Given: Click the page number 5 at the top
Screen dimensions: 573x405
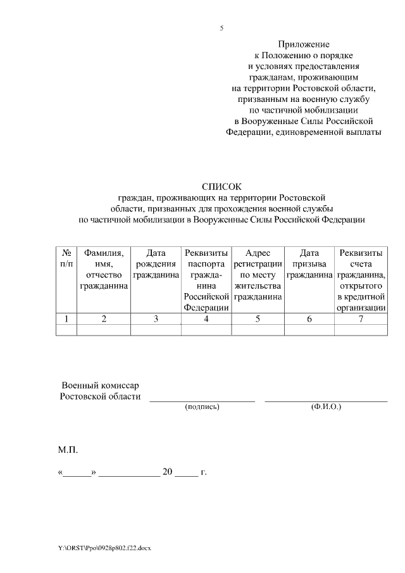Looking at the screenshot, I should pos(221,28).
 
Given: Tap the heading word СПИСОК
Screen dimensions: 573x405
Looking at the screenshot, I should pos(221,187).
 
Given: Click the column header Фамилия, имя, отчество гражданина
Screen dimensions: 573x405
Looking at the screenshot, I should pos(104,270).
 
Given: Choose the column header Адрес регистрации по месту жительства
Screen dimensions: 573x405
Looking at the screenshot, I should pos(258,275).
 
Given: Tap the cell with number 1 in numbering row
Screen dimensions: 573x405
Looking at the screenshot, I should pos(66,319).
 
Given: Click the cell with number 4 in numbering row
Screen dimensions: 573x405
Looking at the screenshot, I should pos(206,319).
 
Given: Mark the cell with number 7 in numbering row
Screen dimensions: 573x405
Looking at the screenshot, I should pos(361,319).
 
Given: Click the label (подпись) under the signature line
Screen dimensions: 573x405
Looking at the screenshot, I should pos(202,406).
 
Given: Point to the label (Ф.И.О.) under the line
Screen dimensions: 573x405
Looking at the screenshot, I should pos(326,406).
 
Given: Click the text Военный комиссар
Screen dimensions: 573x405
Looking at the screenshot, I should pos(100,386).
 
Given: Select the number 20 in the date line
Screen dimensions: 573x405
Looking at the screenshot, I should pos(168,472).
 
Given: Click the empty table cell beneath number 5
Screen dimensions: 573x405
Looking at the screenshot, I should pos(258,330).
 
